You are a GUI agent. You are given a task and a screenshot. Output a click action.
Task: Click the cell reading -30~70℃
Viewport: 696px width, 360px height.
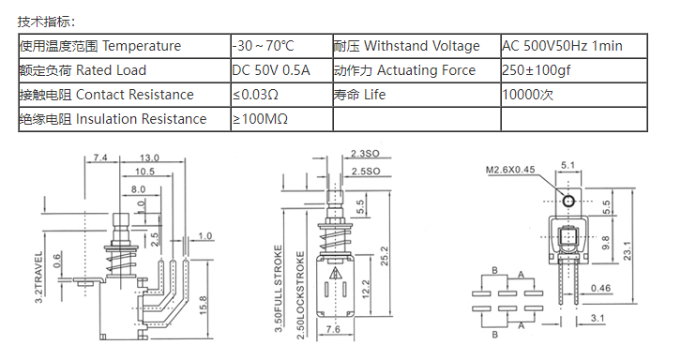coord(281,46)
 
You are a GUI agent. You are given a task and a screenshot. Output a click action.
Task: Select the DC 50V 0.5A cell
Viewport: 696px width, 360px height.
coord(281,70)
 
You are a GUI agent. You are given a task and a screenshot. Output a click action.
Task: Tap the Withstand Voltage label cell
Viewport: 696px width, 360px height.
coord(416,46)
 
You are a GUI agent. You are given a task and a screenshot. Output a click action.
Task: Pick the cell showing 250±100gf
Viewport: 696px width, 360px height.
coord(574,70)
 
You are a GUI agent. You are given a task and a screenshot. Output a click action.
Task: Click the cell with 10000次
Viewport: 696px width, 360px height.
coord(574,95)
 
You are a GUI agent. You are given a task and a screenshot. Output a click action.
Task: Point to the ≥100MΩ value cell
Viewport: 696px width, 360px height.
coord(281,119)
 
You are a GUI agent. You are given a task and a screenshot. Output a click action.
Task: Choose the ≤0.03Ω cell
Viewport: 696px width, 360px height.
coord(281,95)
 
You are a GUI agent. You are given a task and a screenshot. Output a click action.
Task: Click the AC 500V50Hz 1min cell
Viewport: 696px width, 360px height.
coord(574,46)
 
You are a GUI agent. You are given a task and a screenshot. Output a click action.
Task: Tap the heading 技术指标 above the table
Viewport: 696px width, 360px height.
coord(47,22)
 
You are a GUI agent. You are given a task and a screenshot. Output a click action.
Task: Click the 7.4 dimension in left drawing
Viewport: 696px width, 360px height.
coord(100,157)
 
